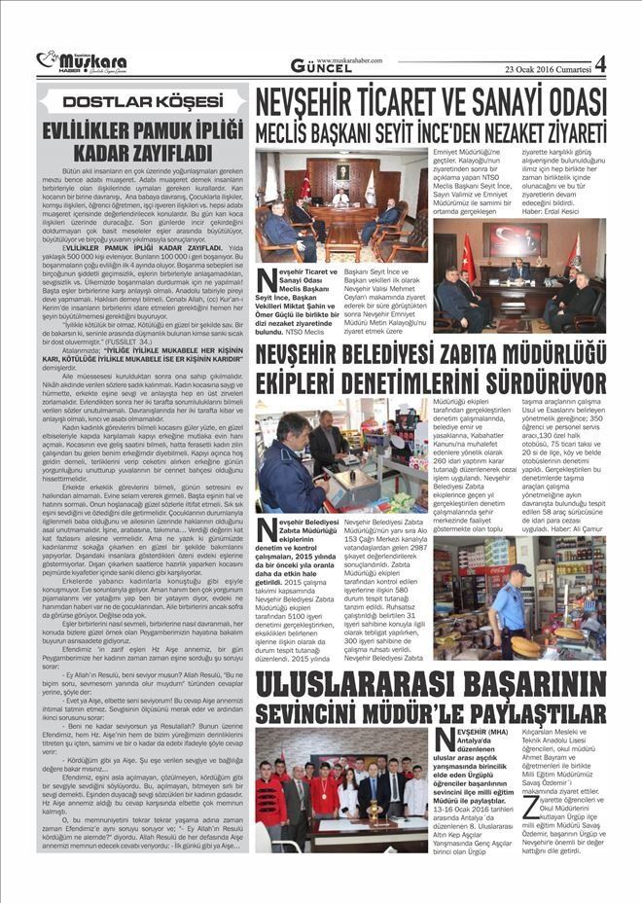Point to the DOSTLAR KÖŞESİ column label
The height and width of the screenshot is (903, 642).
pyautogui.click(x=142, y=101)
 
